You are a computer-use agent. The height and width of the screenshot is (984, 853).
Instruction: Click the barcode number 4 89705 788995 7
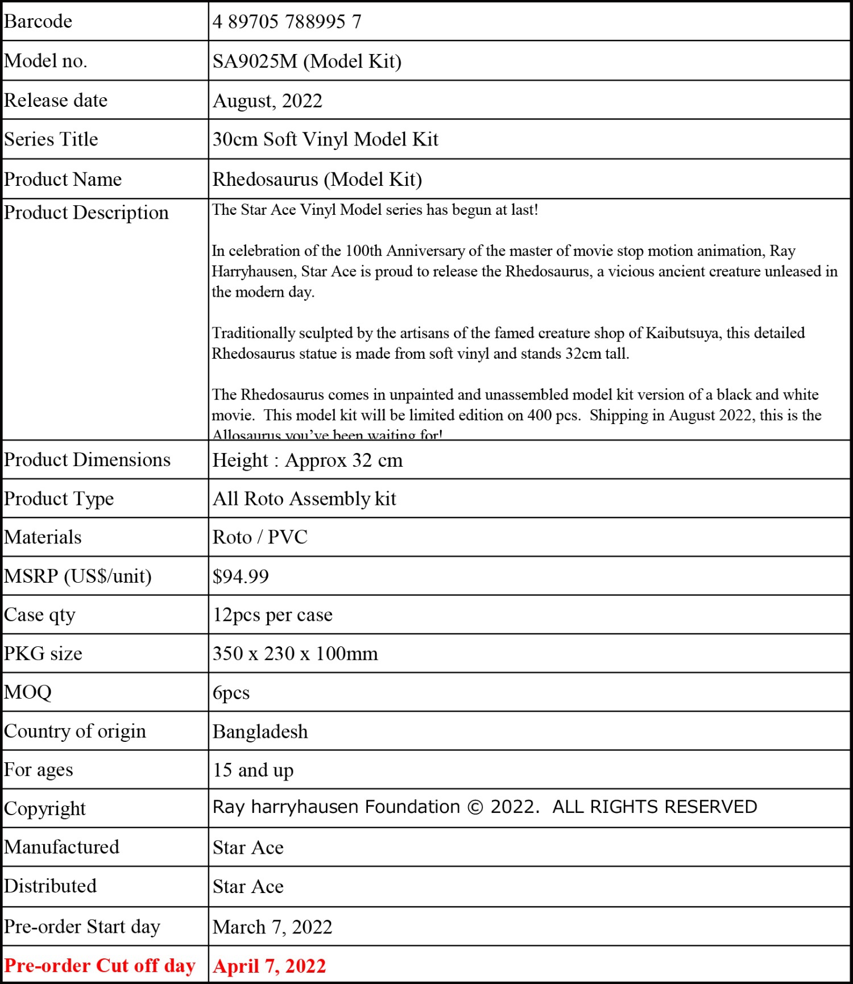click(x=287, y=22)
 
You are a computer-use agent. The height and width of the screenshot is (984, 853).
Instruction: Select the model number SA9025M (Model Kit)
click(x=307, y=61)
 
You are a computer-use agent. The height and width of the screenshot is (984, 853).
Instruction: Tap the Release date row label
click(x=56, y=101)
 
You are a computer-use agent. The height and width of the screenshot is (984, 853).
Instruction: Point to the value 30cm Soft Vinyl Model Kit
click(x=325, y=139)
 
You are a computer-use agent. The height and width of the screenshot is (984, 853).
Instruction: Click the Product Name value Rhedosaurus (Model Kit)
click(x=317, y=180)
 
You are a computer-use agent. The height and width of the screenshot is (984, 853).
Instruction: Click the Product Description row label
click(x=86, y=213)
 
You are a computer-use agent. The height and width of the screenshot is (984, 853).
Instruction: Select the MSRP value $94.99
click(x=241, y=576)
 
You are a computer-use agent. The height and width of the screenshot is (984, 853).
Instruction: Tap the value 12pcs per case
click(x=272, y=615)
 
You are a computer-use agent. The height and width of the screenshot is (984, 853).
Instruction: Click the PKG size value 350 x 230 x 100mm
click(x=295, y=654)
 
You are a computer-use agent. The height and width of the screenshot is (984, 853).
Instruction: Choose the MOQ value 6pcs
click(x=231, y=693)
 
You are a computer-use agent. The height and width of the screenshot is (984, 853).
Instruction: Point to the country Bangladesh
click(x=260, y=732)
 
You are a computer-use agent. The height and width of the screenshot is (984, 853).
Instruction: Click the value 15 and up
click(x=253, y=770)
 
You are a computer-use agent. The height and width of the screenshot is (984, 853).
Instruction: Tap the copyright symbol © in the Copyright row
click(x=475, y=808)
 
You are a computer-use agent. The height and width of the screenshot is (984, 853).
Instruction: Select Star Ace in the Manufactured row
click(x=248, y=848)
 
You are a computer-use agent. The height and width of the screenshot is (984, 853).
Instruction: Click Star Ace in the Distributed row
click(x=248, y=887)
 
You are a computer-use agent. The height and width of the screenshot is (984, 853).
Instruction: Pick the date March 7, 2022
click(x=272, y=927)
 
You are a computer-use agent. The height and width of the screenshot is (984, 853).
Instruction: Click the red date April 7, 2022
click(x=269, y=966)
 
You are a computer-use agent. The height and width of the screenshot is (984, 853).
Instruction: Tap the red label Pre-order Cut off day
click(x=100, y=966)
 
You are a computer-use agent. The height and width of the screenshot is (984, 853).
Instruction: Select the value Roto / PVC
click(x=260, y=537)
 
